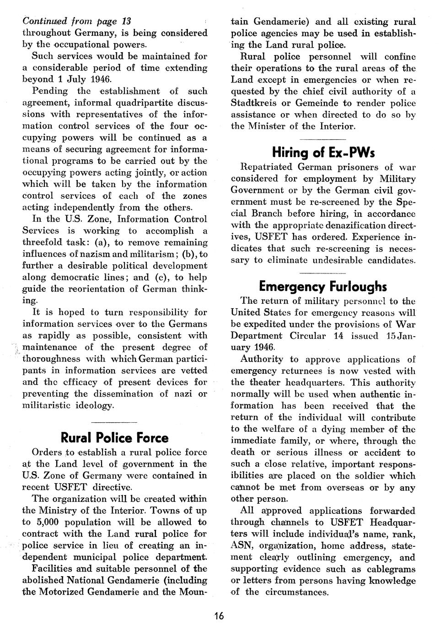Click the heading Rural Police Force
114,438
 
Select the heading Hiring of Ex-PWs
323,152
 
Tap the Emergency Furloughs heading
323,286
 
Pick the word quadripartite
145,103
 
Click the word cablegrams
388,569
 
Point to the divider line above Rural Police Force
114,420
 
